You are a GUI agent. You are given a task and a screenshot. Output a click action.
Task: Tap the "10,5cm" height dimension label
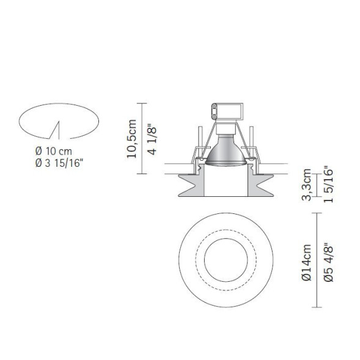point(130,139)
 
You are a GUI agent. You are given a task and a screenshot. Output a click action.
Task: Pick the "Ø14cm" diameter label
point(308,262)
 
